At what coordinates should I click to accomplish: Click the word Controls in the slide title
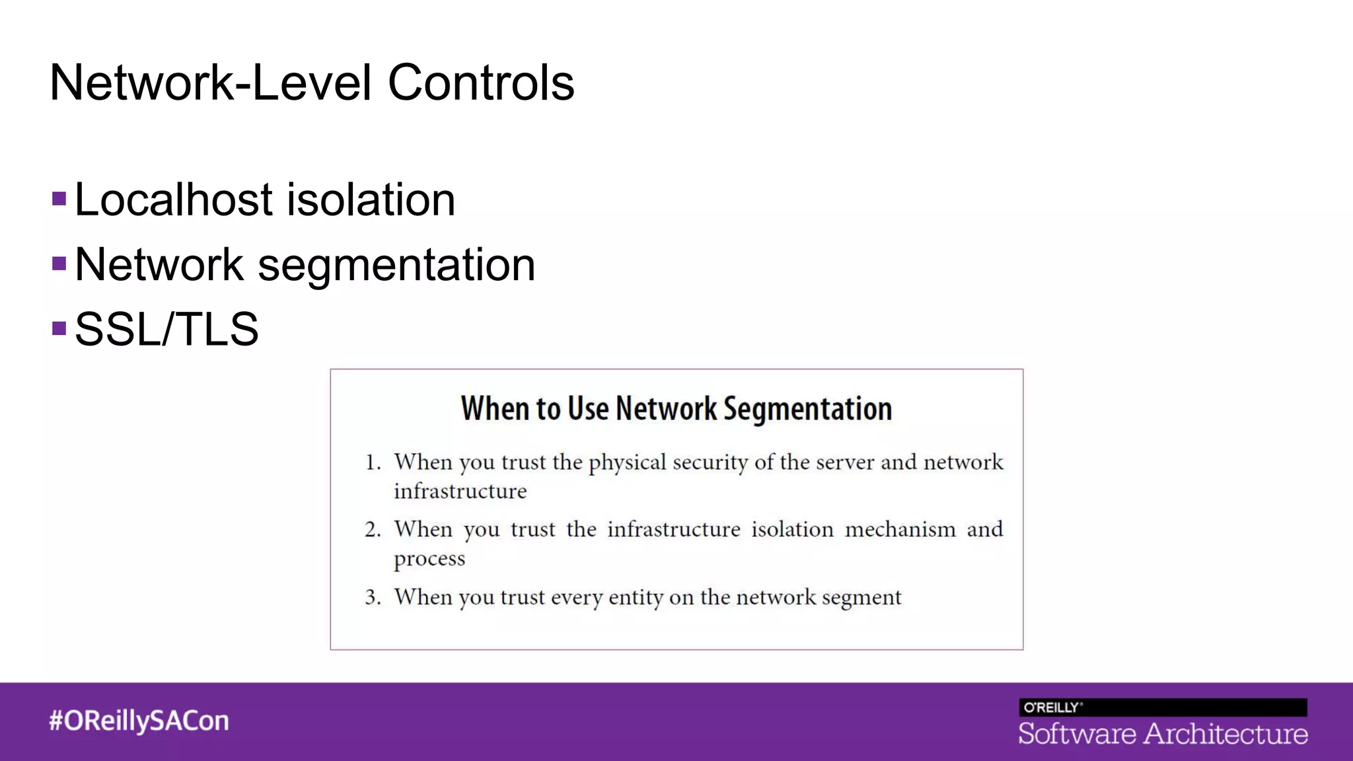[x=480, y=83]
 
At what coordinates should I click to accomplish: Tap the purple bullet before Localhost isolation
[x=59, y=199]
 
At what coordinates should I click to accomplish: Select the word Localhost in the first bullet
[x=174, y=199]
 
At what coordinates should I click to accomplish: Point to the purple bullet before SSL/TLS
[x=59, y=328]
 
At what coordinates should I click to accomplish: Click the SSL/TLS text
[x=166, y=329]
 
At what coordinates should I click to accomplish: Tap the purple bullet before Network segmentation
[x=59, y=264]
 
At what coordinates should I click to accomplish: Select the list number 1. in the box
[x=373, y=462]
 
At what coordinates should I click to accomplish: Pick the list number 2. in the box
[x=373, y=530]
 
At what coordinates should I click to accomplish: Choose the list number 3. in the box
[x=373, y=597]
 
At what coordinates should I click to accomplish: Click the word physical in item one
[x=627, y=462]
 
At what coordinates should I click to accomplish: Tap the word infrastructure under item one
[x=460, y=491]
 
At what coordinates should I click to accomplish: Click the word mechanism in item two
[x=900, y=530]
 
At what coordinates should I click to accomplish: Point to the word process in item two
[x=429, y=559]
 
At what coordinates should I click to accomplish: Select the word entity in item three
[x=636, y=597]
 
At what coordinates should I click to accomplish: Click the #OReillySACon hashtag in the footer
[x=139, y=721]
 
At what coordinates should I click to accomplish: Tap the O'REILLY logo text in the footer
[x=1052, y=707]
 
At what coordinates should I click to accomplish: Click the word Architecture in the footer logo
[x=1225, y=734]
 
